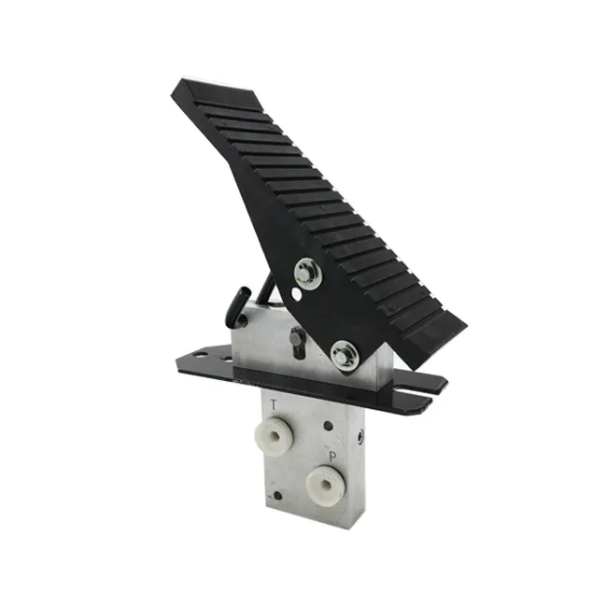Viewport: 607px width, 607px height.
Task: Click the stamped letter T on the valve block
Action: coord(274,405)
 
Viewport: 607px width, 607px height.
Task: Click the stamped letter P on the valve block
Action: coord(332,457)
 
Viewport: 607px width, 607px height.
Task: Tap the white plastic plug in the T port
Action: coord(275,436)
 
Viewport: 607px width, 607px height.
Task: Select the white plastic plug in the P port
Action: coord(325,485)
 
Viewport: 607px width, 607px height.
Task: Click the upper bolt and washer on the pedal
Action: coord(308,273)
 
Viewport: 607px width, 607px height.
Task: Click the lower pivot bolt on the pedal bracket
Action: coord(345,356)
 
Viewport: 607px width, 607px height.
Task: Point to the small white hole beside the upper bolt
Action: coord(297,294)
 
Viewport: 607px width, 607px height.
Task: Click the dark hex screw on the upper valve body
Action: coord(297,342)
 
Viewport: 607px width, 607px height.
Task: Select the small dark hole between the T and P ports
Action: coord(329,426)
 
